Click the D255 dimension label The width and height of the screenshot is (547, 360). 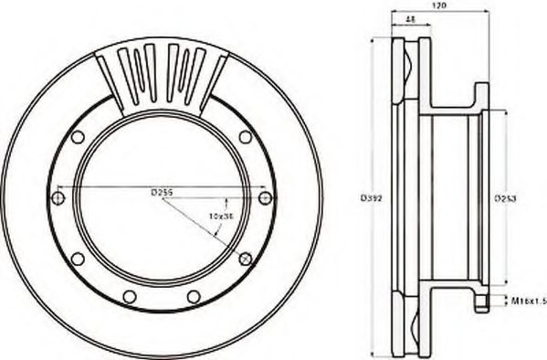coord(162,192)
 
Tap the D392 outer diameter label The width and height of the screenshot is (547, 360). coord(370,196)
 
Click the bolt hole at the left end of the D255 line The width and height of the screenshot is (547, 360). coord(59,197)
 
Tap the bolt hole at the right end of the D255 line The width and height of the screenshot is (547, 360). coord(265,197)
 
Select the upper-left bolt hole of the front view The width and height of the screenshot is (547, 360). coord(78,137)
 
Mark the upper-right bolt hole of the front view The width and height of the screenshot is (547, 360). coord(246,137)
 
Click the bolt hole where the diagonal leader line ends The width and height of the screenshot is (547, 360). coord(244,259)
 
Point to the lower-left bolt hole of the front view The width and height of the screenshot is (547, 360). coord(79,259)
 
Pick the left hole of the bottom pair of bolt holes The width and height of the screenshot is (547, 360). coord(130,295)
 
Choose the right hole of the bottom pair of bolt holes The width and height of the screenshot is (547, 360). coord(194,295)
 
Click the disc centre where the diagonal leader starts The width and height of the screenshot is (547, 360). coord(163,198)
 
